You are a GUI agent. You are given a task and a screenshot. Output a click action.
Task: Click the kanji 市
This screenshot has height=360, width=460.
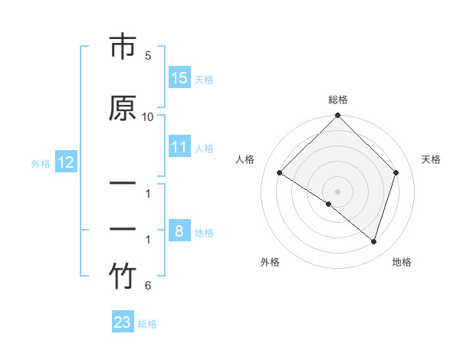[x=123, y=48]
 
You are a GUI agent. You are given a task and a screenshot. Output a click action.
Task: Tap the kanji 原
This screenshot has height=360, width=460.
[x=123, y=108]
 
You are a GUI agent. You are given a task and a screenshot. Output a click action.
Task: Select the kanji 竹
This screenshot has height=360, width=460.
[x=123, y=277]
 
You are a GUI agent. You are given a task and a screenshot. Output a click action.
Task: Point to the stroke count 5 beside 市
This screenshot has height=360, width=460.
[x=148, y=56]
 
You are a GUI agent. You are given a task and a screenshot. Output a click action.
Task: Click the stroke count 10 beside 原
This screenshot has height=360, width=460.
[x=148, y=116]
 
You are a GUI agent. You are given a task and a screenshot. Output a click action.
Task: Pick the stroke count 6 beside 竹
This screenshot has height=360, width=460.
[x=148, y=286]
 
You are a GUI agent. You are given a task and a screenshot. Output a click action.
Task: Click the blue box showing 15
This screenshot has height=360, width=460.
[x=179, y=78]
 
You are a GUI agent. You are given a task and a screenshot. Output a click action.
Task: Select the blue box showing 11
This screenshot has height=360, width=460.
[x=179, y=147]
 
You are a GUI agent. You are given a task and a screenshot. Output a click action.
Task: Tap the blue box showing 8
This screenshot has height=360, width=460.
[x=179, y=231]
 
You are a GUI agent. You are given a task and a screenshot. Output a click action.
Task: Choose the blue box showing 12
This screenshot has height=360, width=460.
[x=65, y=162]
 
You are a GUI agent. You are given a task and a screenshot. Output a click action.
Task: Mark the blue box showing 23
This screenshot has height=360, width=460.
[x=123, y=322]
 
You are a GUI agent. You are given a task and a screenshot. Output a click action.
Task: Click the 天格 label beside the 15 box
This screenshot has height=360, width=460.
[x=204, y=79]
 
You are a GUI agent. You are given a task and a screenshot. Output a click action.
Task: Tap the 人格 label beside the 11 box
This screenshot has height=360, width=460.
[x=204, y=148]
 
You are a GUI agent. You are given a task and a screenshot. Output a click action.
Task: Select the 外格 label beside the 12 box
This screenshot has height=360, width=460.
[x=41, y=163]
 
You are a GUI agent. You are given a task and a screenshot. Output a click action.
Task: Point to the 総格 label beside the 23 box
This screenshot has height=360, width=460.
[x=147, y=323]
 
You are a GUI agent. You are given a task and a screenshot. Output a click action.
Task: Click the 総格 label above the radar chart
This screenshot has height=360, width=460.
[x=338, y=100]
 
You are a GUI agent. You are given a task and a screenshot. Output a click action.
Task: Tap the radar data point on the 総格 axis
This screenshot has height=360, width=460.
[x=338, y=116]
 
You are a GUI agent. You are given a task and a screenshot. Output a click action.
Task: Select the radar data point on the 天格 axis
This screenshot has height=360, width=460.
[x=396, y=172]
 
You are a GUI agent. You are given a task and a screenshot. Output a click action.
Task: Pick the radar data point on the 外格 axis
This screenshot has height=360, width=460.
[x=329, y=204]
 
